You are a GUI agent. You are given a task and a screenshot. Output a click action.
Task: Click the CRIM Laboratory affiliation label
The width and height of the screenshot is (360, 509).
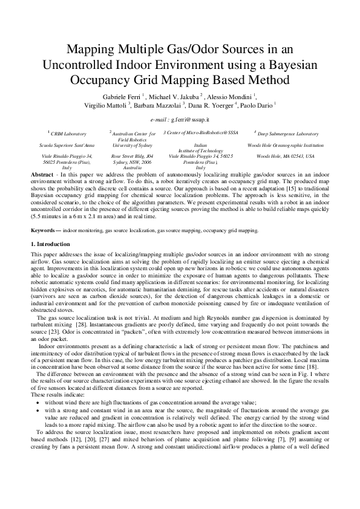pyautogui.click(x=67, y=133)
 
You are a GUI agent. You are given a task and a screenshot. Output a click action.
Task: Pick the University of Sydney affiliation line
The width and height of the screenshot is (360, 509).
pyautogui.click(x=132, y=145)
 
